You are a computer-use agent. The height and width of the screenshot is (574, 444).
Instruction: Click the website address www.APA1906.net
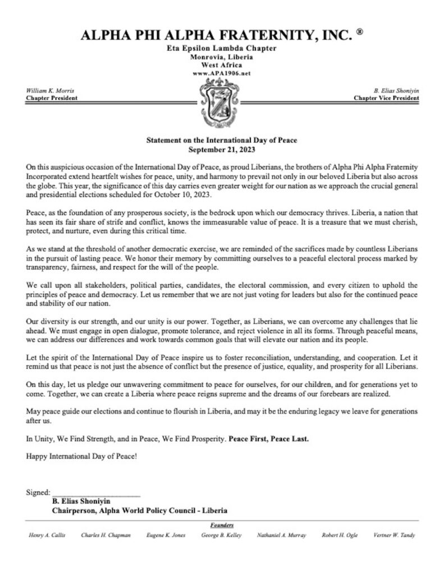point(222,73)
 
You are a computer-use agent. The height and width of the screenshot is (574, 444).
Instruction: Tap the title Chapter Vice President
point(386,97)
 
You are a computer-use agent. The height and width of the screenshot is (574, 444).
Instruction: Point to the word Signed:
point(38,493)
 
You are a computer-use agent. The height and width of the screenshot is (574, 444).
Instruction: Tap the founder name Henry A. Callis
point(47,535)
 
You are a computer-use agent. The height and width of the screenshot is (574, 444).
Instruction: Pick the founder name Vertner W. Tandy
point(395,535)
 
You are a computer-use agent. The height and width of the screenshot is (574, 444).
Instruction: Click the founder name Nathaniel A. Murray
point(281,535)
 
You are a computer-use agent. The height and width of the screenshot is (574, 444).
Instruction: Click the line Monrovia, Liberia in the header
point(222,58)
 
